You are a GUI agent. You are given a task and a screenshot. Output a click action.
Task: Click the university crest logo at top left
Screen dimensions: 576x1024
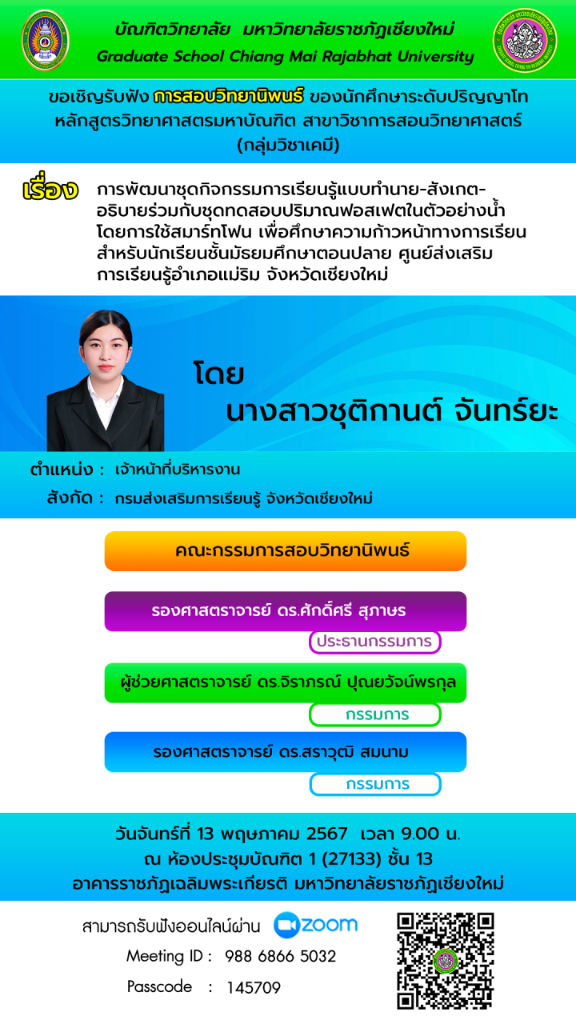(46, 40)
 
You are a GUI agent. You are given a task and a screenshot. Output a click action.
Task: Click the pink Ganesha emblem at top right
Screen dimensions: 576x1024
(525, 40)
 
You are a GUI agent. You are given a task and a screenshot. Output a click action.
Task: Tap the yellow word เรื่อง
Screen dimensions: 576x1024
(50, 187)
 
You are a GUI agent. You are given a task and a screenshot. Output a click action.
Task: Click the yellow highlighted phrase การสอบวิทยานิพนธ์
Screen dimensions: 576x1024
(228, 96)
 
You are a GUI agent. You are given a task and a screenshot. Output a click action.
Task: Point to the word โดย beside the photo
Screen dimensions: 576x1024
(218, 374)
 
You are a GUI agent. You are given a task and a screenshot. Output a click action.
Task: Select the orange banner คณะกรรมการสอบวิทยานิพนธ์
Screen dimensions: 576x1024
(286, 551)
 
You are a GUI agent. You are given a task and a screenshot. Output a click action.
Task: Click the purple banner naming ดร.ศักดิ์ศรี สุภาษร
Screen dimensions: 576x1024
(286, 611)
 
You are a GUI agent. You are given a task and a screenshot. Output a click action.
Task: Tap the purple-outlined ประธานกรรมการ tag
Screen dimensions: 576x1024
(375, 642)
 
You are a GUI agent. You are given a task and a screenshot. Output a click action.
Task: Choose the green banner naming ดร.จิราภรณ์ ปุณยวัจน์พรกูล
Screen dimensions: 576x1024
(286, 683)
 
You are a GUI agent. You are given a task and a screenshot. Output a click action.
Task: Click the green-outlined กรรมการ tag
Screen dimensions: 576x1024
(375, 714)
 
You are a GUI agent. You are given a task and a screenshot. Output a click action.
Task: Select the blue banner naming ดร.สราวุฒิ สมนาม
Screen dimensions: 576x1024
(286, 752)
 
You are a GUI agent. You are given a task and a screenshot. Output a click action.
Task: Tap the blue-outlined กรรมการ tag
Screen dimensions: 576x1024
(375, 784)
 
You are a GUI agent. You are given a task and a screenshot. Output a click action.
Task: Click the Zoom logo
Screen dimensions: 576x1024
(315, 926)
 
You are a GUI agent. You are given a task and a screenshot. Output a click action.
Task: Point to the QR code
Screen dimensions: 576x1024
(446, 961)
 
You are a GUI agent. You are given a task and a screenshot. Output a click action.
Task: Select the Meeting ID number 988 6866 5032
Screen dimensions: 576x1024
(280, 956)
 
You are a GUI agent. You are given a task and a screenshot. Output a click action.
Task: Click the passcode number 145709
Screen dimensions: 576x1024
(254, 988)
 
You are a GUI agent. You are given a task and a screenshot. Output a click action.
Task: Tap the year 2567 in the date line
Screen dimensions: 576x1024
(327, 834)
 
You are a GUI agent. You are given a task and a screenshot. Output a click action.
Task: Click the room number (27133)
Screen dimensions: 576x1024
(351, 859)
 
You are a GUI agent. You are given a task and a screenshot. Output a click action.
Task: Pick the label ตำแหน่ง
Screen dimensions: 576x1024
(62, 470)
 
